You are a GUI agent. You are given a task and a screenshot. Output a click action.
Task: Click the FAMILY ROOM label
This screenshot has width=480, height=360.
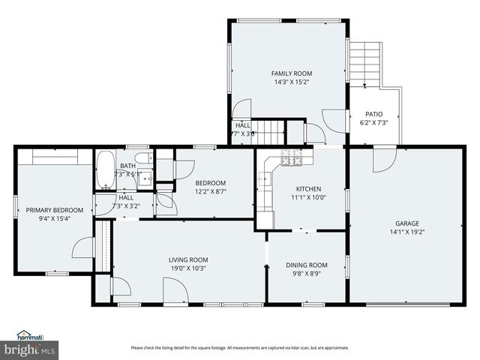(x=286, y=73)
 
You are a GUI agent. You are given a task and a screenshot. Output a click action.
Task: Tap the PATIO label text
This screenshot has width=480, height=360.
(x=373, y=114)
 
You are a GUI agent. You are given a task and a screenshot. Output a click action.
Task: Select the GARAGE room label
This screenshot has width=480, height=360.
(x=407, y=223)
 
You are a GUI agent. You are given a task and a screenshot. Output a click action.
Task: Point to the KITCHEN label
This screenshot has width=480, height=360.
(x=308, y=189)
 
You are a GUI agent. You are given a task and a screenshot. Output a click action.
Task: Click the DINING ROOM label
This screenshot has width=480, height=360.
(x=307, y=265)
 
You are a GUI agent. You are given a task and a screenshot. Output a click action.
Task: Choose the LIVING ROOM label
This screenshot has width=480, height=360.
(x=187, y=259)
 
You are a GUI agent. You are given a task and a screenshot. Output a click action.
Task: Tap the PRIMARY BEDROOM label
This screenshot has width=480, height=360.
(x=49, y=210)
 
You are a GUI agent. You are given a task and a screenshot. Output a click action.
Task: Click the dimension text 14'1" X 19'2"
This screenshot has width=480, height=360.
(x=407, y=232)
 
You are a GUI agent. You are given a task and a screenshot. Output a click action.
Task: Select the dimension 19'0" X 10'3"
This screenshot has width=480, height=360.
(x=187, y=268)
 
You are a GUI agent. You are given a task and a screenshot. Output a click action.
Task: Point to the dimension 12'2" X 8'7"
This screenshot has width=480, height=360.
(x=211, y=192)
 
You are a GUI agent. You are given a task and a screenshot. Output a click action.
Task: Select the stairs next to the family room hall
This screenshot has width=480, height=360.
(x=269, y=131)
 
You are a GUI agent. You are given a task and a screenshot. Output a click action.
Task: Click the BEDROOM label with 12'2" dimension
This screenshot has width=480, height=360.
(x=211, y=183)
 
